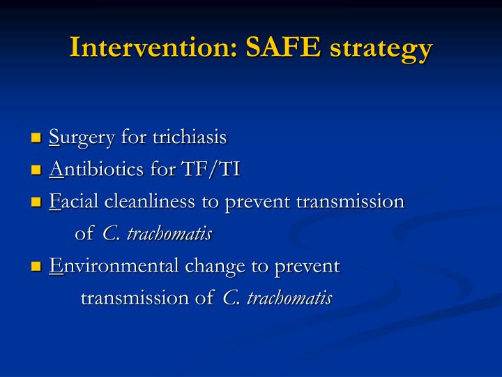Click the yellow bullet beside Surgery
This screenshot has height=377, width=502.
click(37, 138)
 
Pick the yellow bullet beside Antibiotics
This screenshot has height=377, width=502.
click(37, 170)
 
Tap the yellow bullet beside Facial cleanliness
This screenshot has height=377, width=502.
click(37, 202)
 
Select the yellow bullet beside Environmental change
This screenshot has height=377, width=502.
click(37, 267)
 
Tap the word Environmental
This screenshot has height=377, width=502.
click(114, 266)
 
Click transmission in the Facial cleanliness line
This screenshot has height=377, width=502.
click(350, 202)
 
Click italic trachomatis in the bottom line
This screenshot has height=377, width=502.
click(289, 298)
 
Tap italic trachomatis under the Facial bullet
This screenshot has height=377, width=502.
click(169, 234)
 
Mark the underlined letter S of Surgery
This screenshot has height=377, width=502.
click(54, 138)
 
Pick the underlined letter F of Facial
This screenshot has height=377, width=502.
click(54, 202)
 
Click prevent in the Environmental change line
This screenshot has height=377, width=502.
click(308, 266)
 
